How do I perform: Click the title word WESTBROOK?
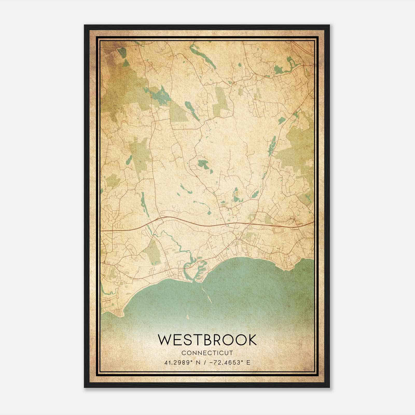click(x=208, y=340)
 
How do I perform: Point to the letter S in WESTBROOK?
click(x=188, y=340)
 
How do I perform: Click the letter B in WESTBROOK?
click(x=208, y=340)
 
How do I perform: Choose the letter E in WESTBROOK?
click(x=177, y=340)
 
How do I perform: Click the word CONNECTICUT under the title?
click(x=208, y=353)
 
